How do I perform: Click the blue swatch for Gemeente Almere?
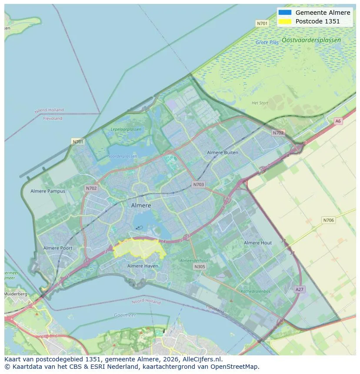285,13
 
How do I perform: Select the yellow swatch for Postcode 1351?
285,21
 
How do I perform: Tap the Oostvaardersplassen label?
311,40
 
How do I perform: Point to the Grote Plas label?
267,43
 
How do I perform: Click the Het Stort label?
260,103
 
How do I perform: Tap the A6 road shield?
338,121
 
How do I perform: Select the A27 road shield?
299,289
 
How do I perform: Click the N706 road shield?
328,220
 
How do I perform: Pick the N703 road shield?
198,185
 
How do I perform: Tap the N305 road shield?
200,267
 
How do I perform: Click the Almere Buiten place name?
223,152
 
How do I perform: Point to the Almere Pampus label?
48,191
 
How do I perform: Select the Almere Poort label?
58,248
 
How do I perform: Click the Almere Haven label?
143,266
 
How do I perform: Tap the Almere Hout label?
258,243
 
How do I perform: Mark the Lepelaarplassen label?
126,129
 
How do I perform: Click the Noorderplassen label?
122,156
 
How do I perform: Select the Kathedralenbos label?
256,291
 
